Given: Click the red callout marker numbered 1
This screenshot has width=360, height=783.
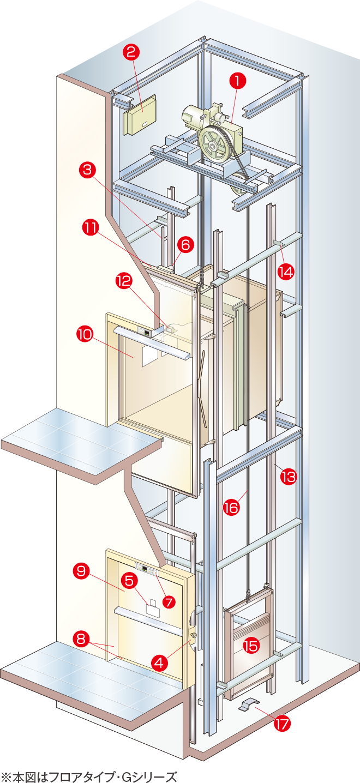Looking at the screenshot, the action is click(x=238, y=81).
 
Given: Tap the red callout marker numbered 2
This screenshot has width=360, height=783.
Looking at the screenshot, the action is click(x=131, y=52).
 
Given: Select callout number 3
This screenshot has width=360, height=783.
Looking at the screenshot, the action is click(x=87, y=170).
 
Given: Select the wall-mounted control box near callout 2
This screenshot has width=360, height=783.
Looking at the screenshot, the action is click(x=140, y=115).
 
